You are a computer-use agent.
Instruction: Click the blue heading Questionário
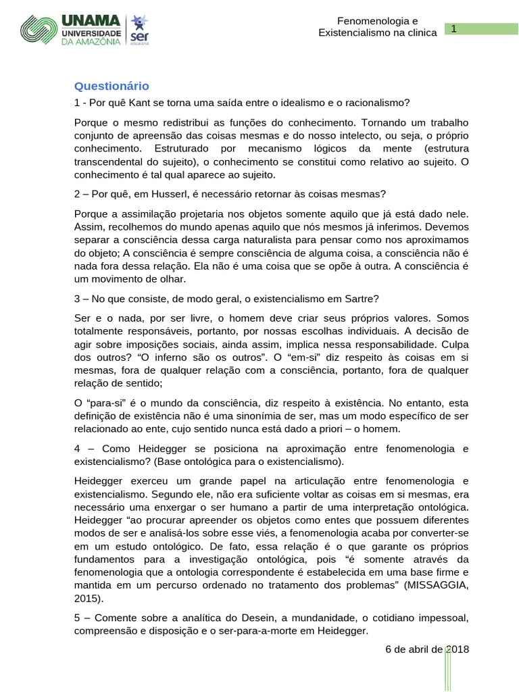(x=111, y=86)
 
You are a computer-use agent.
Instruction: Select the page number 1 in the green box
(x=455, y=28)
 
